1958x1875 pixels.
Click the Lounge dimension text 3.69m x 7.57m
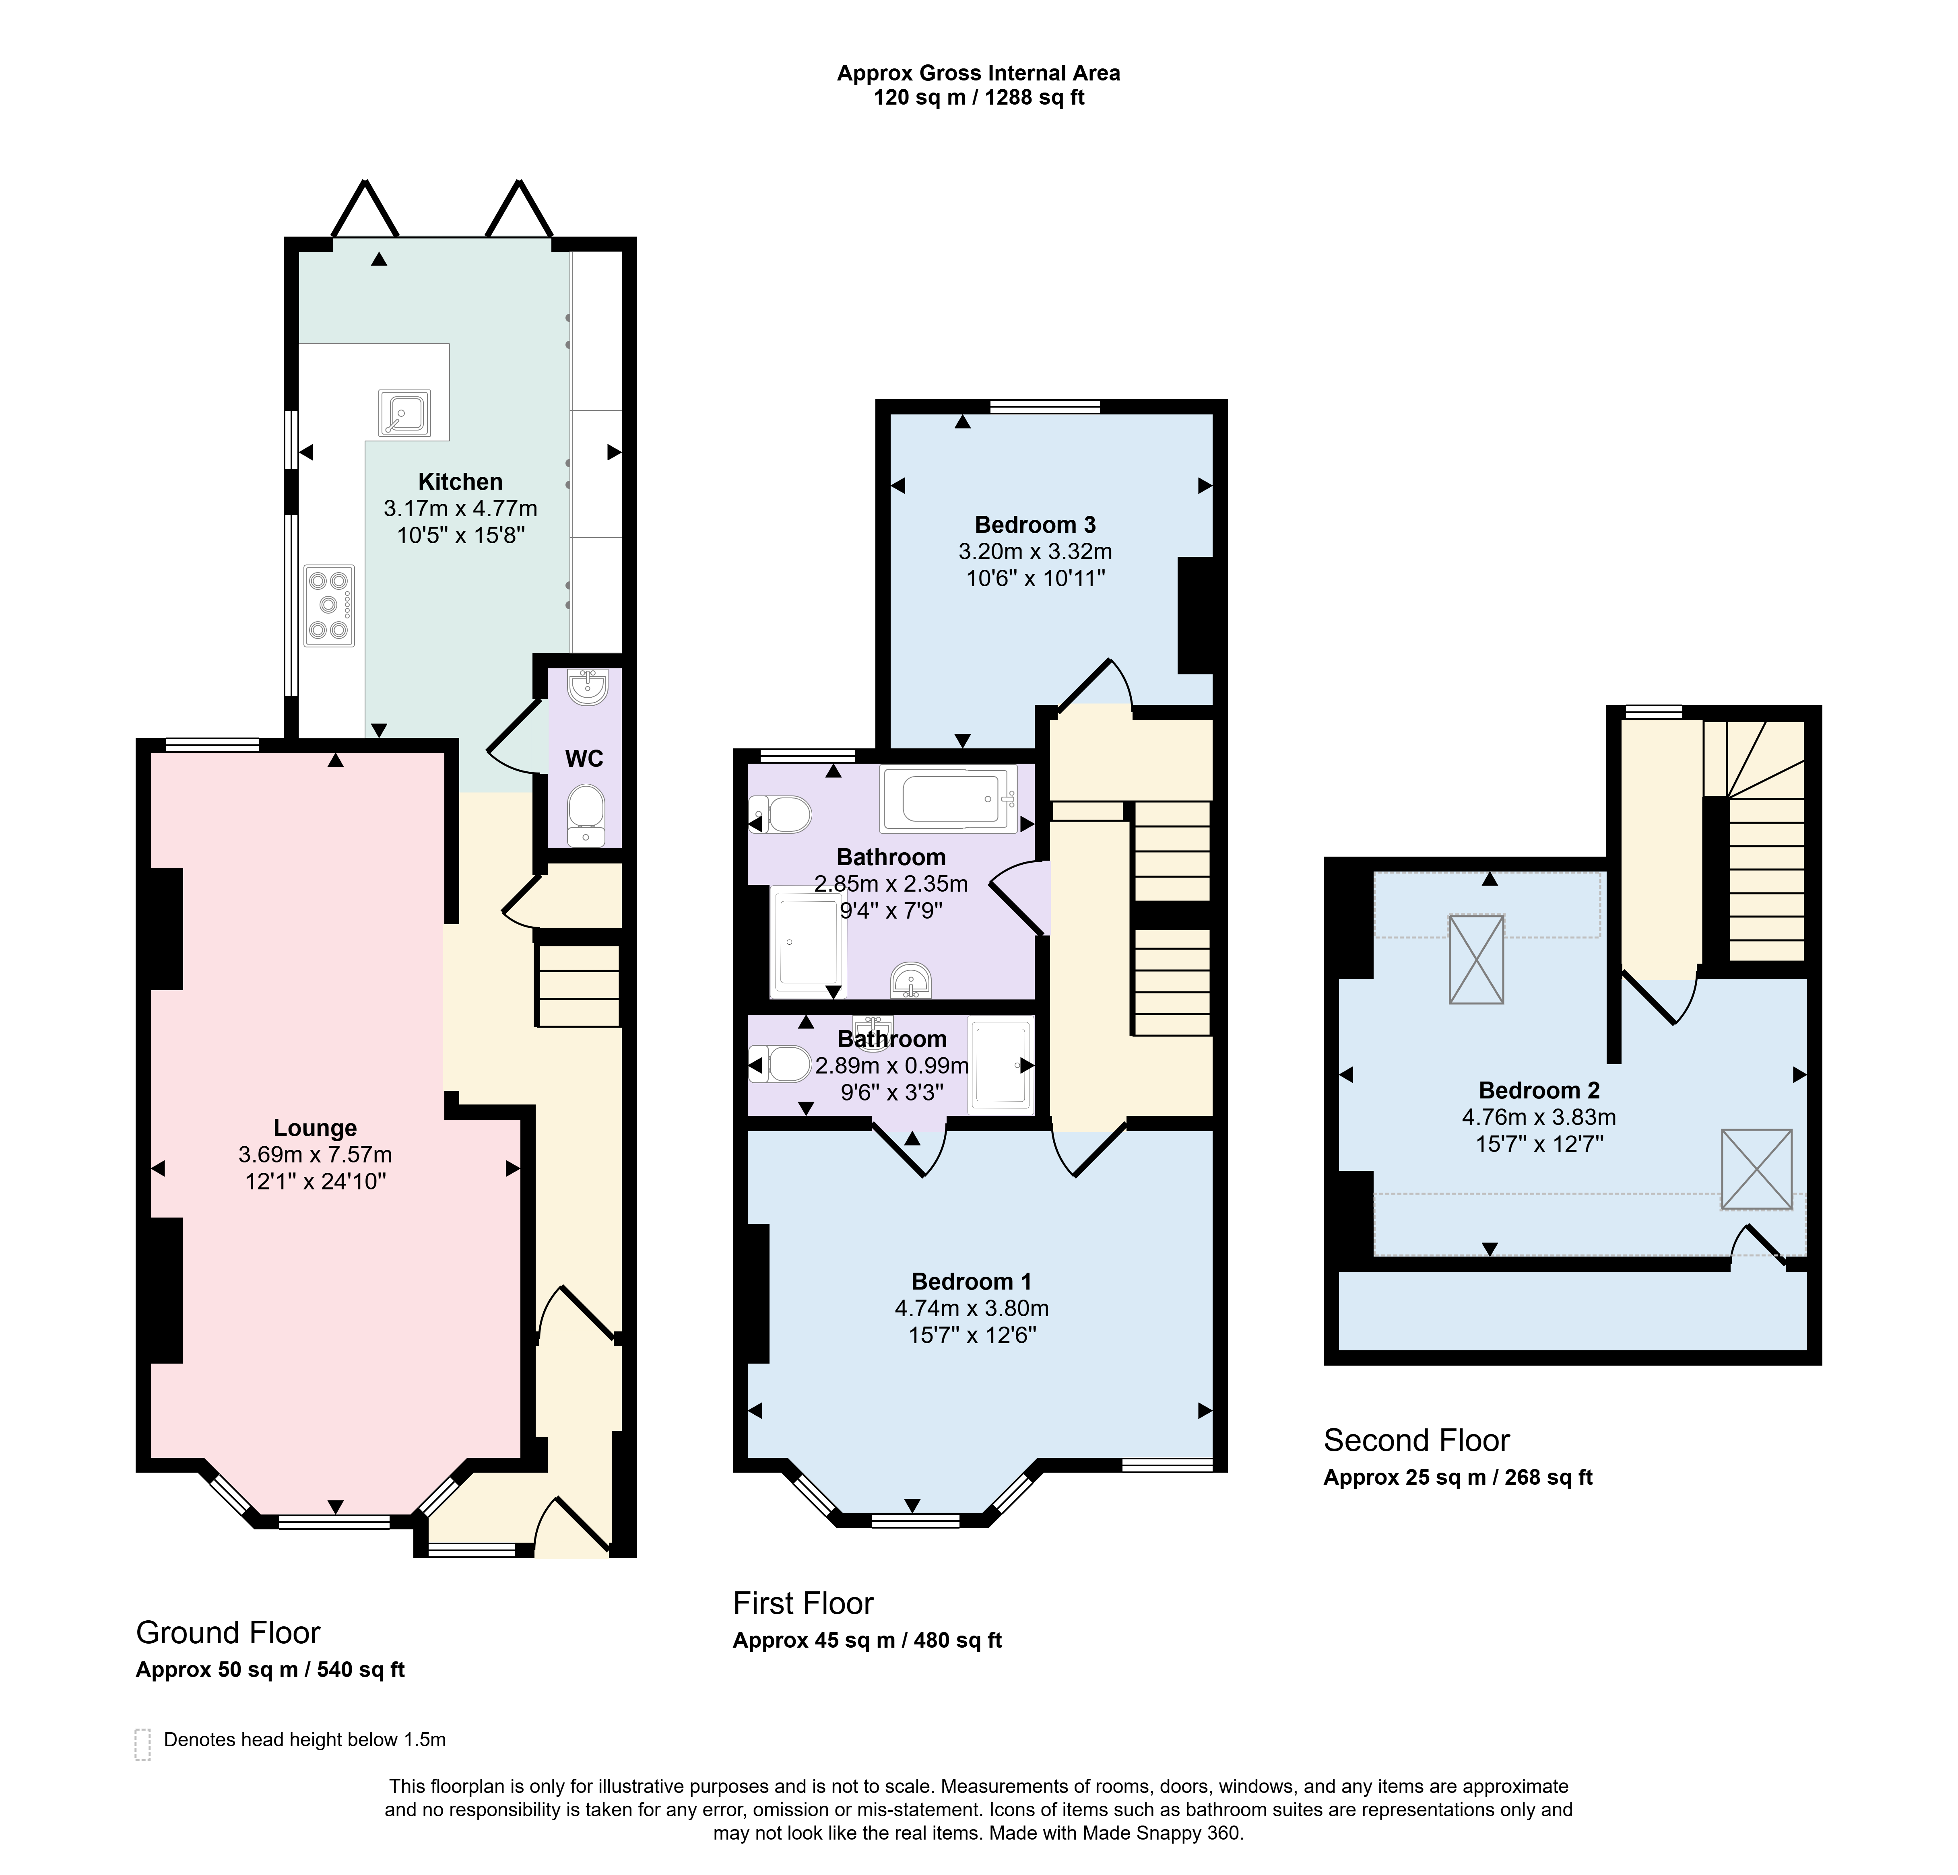(315, 1155)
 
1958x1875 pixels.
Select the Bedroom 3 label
(1035, 524)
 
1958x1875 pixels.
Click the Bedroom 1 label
(971, 1282)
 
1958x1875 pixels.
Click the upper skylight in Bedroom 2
(1477, 959)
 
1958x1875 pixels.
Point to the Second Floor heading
(1417, 1440)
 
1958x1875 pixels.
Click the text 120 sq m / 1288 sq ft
(979, 98)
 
